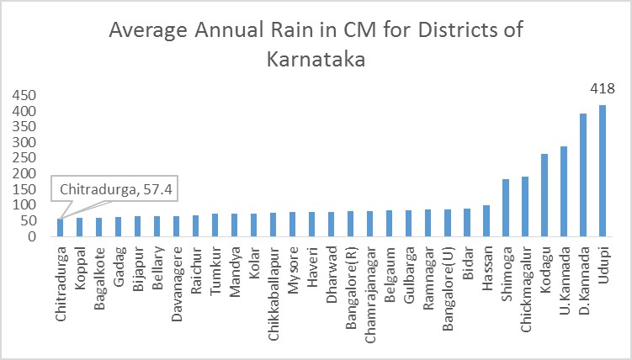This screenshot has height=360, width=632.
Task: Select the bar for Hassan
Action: pyautogui.click(x=486, y=220)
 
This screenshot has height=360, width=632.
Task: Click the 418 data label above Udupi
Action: pyautogui.click(x=603, y=88)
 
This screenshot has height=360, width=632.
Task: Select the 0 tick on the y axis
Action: pyautogui.click(x=31, y=236)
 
